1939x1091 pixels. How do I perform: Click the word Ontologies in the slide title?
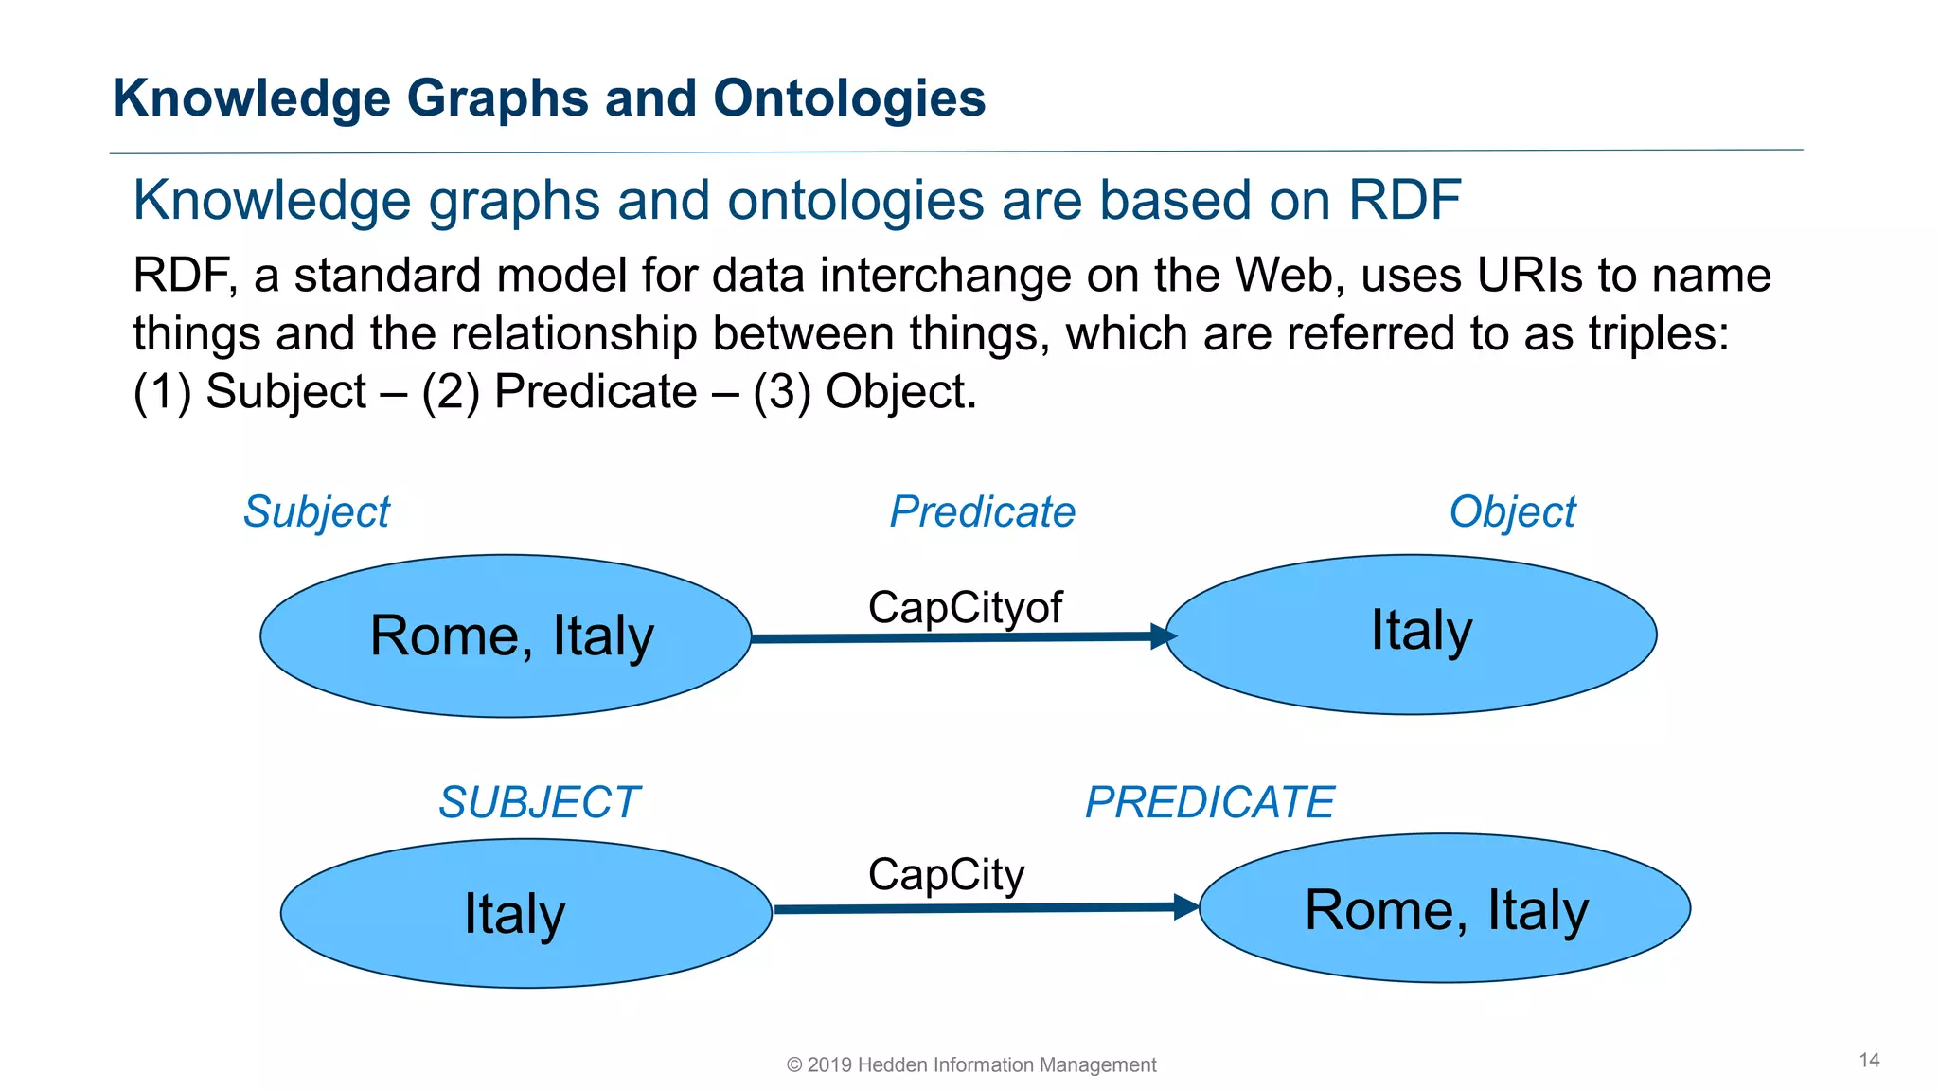(848, 98)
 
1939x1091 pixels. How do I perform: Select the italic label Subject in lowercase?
(316, 512)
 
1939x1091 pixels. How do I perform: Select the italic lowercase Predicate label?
(982, 512)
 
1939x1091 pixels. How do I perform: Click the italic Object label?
(1512, 512)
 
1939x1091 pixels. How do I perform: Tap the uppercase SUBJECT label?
(539, 803)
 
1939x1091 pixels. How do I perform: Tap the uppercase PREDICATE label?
(1209, 803)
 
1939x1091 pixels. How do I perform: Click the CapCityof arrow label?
(965, 608)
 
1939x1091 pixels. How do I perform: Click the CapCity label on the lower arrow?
(946, 875)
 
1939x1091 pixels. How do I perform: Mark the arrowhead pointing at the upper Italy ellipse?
(1164, 636)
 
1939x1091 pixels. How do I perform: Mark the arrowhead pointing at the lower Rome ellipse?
(1186, 906)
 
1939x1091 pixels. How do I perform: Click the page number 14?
(1869, 1061)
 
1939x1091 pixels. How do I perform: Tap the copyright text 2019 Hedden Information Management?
(971, 1065)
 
